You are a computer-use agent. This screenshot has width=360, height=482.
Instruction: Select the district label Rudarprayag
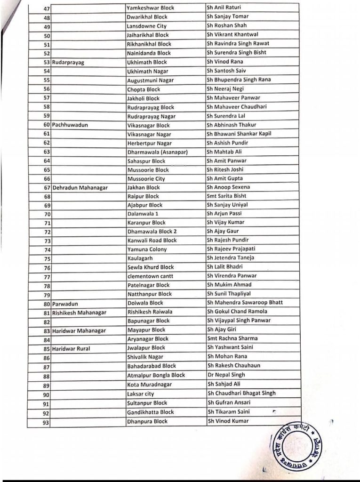tap(68, 63)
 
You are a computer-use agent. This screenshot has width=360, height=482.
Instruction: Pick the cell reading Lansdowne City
tap(146, 26)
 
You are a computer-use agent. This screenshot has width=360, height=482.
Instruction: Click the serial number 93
tap(46, 422)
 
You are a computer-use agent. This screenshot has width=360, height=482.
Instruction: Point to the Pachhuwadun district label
tap(70, 126)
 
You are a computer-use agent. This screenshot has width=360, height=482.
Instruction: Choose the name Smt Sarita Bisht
tap(226, 196)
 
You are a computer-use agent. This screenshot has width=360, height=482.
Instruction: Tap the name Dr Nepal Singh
tap(226, 375)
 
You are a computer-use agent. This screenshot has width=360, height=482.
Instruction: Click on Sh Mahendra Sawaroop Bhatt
tap(245, 302)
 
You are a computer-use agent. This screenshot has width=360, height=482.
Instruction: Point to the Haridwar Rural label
tap(74, 349)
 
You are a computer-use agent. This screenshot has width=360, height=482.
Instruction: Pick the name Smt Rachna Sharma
tap(232, 338)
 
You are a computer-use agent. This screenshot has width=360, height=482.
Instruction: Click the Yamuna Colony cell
tap(147, 249)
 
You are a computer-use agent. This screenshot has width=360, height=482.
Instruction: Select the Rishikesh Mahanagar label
tap(79, 312)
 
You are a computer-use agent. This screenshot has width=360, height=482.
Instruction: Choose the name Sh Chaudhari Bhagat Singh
tap(241, 393)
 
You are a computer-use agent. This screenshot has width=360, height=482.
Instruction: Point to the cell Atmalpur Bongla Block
tap(156, 375)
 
